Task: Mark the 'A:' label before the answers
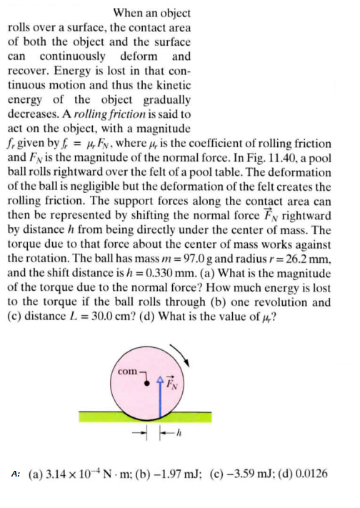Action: (x=16, y=474)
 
